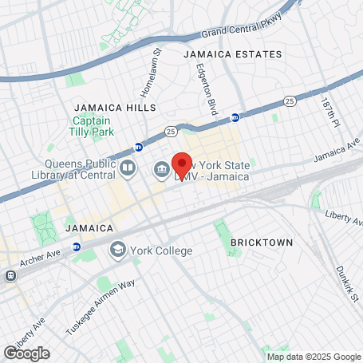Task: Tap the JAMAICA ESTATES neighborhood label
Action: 232,54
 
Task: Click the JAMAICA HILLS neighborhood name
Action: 115,107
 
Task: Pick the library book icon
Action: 128,169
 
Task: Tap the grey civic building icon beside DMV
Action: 161,169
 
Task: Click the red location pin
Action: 182,165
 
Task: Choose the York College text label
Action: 163,251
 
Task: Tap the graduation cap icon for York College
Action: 119,251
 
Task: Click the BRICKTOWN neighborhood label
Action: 261,241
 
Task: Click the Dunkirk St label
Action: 345,283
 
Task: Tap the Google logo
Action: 26,353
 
